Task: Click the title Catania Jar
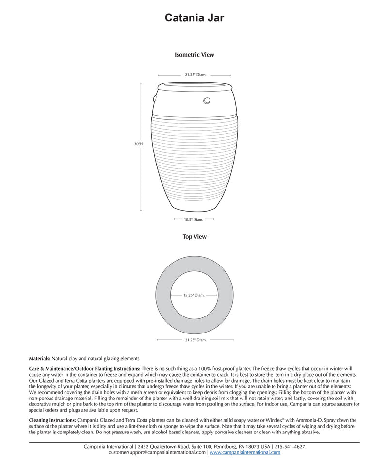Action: (194, 18)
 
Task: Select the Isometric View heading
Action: (194, 55)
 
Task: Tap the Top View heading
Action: (194, 237)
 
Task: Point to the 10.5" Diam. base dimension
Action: (194, 220)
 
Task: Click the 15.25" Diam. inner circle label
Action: (194, 295)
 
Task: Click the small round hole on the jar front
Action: (207, 100)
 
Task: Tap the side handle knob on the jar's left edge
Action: (154, 99)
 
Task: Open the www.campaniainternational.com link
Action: (245, 452)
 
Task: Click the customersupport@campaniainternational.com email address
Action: (157, 452)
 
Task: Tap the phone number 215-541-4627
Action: (290, 446)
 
